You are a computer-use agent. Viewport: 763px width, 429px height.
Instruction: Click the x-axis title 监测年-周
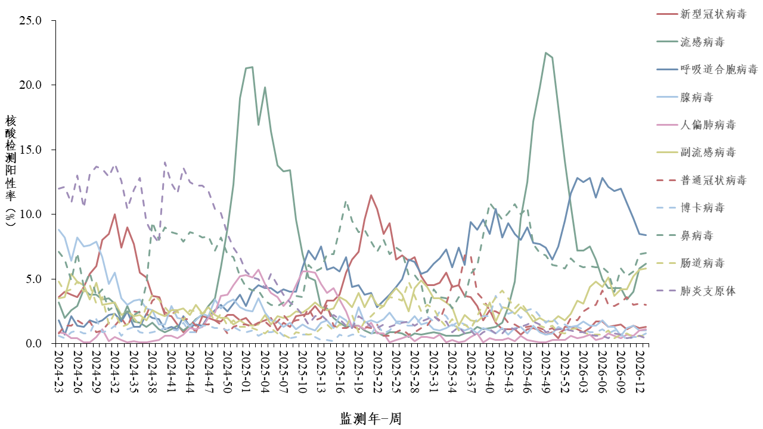371,419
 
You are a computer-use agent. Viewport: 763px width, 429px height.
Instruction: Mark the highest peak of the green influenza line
545,52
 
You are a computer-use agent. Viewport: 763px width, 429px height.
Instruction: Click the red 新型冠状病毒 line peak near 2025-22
371,195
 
